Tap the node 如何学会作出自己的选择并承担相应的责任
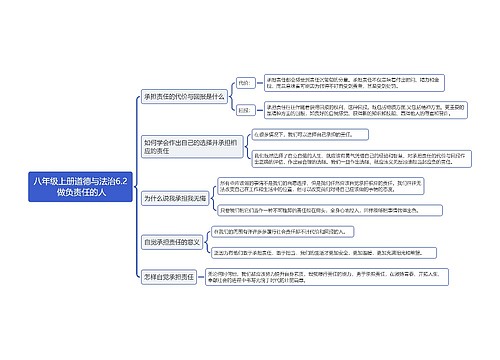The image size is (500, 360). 176,148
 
